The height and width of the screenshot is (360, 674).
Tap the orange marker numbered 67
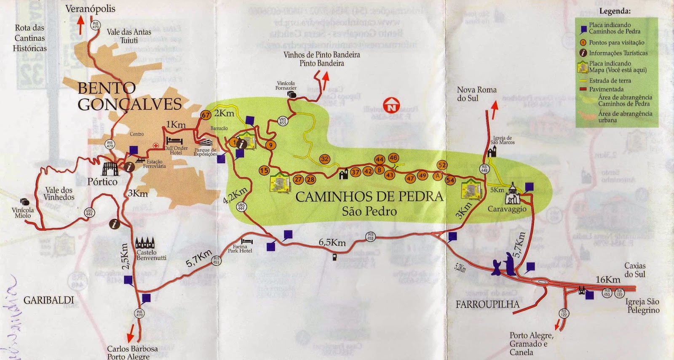tap(206, 115)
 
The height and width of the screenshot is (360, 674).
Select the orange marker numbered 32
tap(325, 159)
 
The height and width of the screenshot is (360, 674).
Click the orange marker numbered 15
tap(264, 171)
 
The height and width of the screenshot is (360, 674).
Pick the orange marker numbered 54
tap(450, 180)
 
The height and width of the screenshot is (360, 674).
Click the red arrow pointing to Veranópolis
tap(80, 25)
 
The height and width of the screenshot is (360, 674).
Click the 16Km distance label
tap(608, 280)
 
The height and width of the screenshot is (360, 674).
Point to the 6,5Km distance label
tap(332, 243)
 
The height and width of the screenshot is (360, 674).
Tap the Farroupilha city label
tap(487, 304)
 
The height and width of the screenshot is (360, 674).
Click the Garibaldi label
tap(48, 300)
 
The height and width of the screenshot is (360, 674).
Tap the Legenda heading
tap(615, 11)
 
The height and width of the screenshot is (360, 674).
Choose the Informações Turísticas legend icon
tap(583, 53)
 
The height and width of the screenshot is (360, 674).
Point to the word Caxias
tap(635, 266)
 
